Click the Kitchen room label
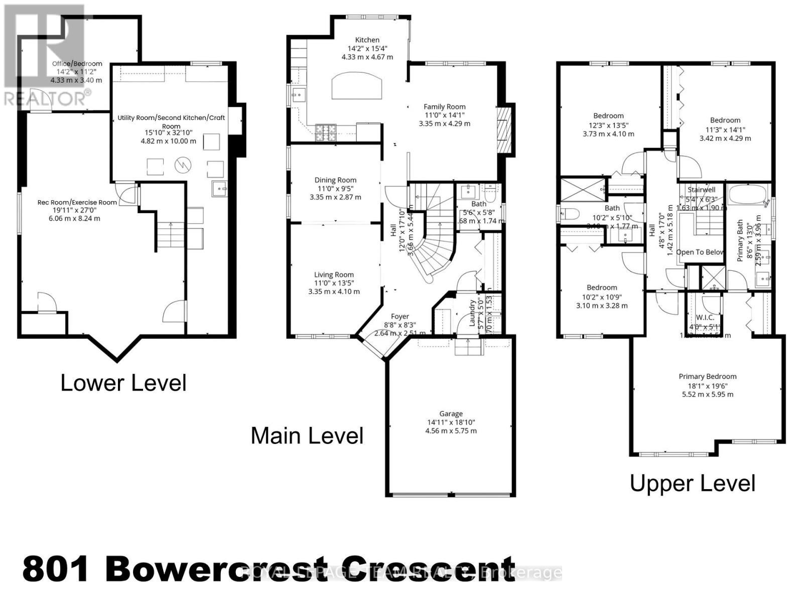(367, 40)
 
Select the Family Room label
(444, 106)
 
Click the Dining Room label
(335, 180)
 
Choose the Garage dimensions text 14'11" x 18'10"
(450, 422)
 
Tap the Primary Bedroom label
(707, 376)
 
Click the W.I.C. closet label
(705, 318)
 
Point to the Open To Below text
(699, 252)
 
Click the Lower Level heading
(123, 383)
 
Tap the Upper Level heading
(692, 484)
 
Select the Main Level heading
(307, 435)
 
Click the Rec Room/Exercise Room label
(77, 202)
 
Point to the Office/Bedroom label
(77, 64)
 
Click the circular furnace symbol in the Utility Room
(182, 165)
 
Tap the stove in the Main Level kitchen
(326, 132)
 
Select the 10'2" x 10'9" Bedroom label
(602, 287)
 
